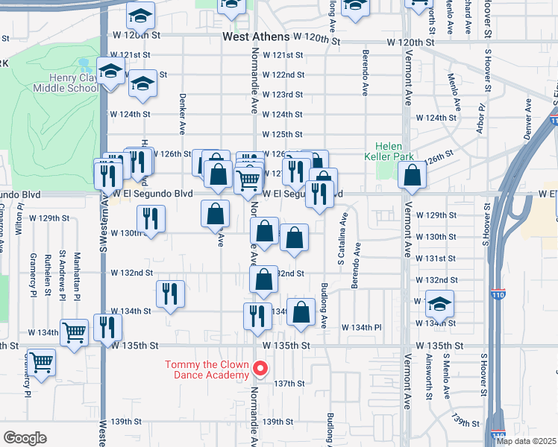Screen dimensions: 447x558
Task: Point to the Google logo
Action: (25, 437)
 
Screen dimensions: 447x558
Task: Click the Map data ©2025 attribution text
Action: (526, 441)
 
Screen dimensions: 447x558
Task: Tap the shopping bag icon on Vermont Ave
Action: (412, 176)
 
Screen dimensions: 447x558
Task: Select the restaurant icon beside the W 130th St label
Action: (151, 219)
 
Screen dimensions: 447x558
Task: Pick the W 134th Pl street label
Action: (362, 327)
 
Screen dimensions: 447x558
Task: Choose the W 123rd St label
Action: (283, 95)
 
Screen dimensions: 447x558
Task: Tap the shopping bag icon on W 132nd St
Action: (263, 280)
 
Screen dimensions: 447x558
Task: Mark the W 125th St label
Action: (283, 134)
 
